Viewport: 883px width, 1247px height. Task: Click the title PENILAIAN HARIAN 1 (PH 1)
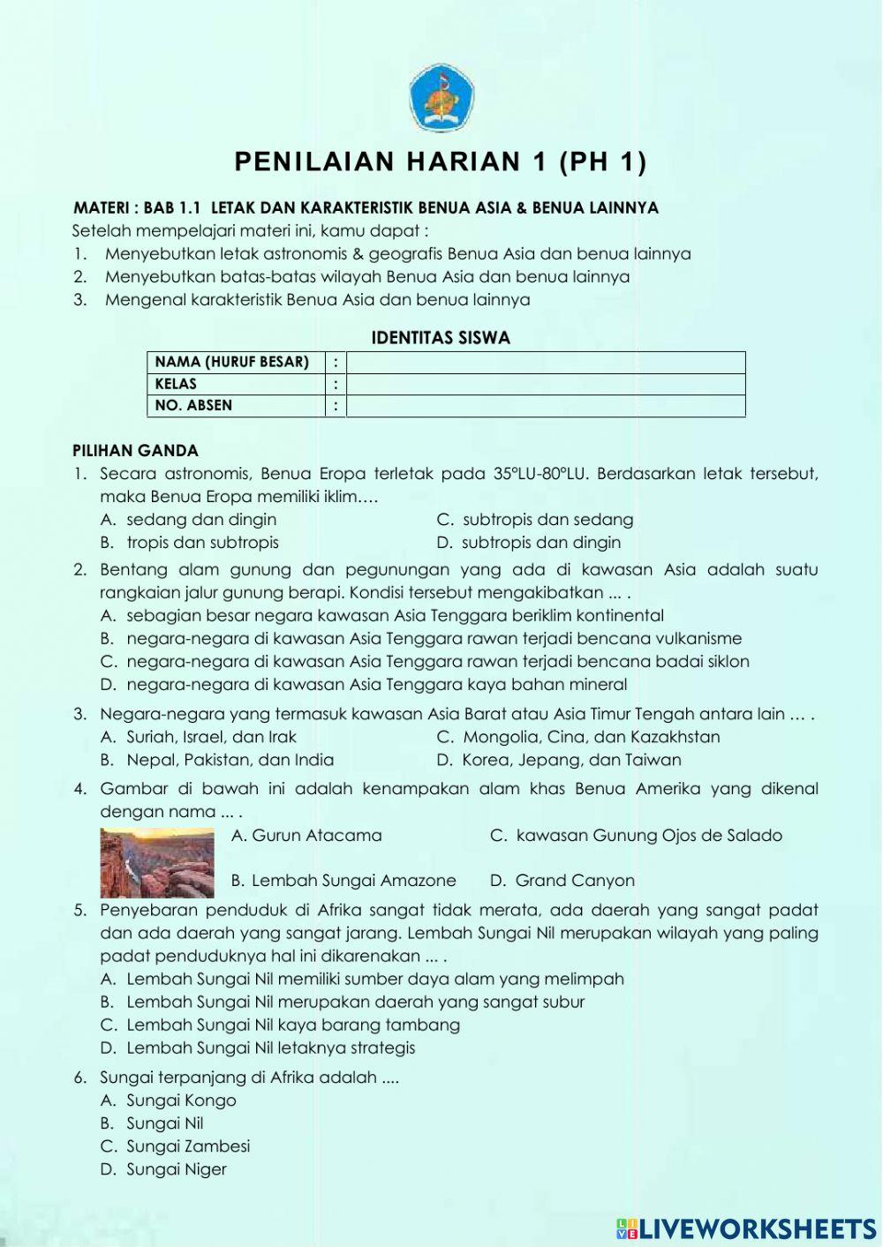[441, 162]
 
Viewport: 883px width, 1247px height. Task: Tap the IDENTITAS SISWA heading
[441, 338]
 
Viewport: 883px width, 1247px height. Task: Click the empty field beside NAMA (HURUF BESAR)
[546, 362]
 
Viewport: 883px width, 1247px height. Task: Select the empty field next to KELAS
[546, 384]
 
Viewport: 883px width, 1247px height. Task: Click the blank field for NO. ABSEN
[546, 406]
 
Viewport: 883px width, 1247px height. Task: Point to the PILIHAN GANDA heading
[135, 451]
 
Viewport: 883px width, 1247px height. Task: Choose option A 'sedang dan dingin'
[200, 520]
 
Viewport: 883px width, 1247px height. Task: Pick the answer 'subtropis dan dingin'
[540, 543]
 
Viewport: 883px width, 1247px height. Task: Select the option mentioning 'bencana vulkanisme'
[433, 639]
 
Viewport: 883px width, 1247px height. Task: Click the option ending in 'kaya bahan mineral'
[376, 685]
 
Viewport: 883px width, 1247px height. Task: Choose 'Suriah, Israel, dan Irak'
[211, 737]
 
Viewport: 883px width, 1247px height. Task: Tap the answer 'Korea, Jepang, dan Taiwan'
[570, 760]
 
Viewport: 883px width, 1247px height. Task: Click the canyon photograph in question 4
[157, 862]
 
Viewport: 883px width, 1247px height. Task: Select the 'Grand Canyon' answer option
[574, 881]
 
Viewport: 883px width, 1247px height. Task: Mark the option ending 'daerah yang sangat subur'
[355, 1003]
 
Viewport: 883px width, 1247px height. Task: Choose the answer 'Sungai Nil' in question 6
[164, 1123]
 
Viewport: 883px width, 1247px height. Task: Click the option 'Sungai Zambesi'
[187, 1146]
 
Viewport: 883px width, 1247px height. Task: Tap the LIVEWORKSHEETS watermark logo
[746, 1229]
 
